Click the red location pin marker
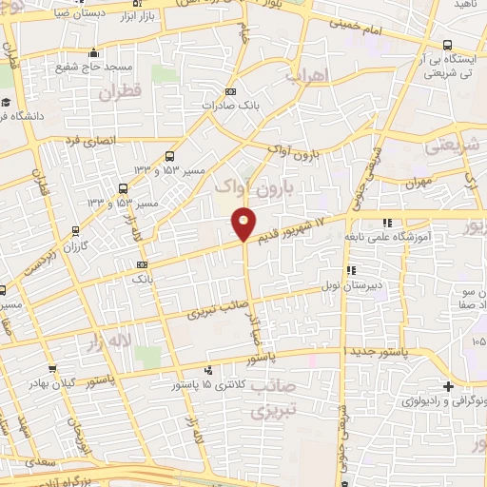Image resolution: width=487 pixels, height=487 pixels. click(x=244, y=224)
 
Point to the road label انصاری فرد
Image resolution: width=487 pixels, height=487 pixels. click(x=89, y=141)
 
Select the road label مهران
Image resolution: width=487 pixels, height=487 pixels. click(x=418, y=181)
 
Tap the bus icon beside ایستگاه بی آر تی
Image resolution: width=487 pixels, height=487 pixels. click(x=448, y=45)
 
